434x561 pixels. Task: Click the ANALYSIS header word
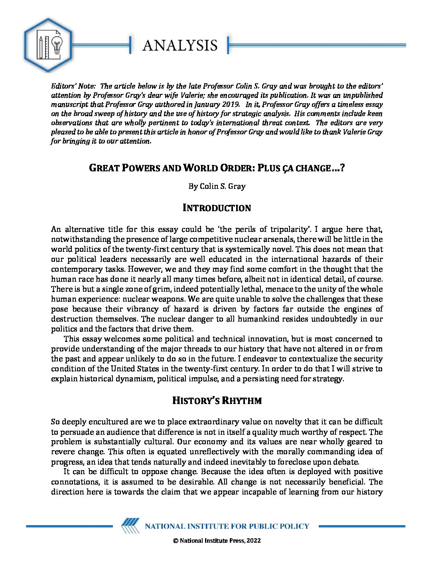180,45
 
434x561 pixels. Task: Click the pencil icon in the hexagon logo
41,47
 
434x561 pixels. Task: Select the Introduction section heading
217,208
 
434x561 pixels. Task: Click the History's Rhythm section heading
217,400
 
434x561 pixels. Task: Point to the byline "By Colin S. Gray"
217,186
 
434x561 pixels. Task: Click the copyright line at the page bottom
217,541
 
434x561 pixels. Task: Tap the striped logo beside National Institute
130,526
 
